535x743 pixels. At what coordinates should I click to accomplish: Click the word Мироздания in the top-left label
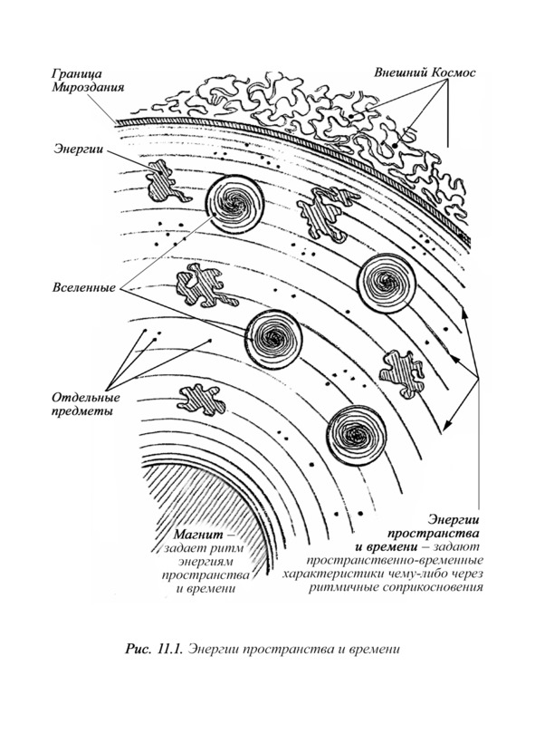(x=88, y=88)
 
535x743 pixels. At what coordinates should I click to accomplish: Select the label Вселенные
(x=84, y=287)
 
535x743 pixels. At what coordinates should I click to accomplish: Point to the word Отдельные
(x=86, y=397)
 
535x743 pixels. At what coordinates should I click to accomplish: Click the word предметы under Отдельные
(x=81, y=410)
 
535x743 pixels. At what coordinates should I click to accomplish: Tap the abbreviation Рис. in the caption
(x=139, y=649)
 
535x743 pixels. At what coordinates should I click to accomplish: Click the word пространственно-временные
(x=395, y=561)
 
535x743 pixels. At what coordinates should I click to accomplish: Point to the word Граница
(x=76, y=74)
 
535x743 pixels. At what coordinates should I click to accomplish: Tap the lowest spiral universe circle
(x=356, y=435)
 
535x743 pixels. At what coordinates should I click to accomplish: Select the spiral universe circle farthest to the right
(x=387, y=284)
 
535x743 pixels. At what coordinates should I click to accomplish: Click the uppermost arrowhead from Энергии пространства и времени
(x=463, y=314)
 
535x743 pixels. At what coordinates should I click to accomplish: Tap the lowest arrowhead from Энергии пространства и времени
(x=445, y=427)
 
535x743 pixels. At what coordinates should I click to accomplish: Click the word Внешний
(x=398, y=72)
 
